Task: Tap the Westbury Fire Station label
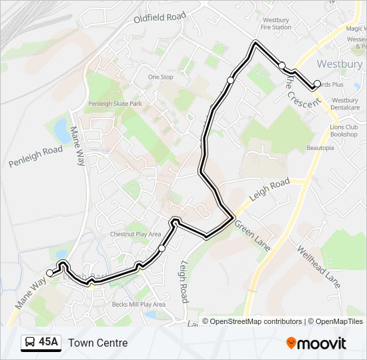click(276, 24)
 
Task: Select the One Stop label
click(160, 77)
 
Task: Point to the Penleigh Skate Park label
click(115, 104)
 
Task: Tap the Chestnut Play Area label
click(135, 234)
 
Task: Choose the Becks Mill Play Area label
click(138, 304)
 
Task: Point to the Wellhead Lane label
click(318, 271)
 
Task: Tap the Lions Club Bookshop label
click(344, 131)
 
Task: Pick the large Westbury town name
click(339, 65)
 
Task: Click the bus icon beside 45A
click(30, 343)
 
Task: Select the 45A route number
click(48, 343)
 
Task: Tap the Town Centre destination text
click(97, 343)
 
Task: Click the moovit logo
click(316, 343)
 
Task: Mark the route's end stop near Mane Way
click(50, 273)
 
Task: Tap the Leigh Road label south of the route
click(182, 280)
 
